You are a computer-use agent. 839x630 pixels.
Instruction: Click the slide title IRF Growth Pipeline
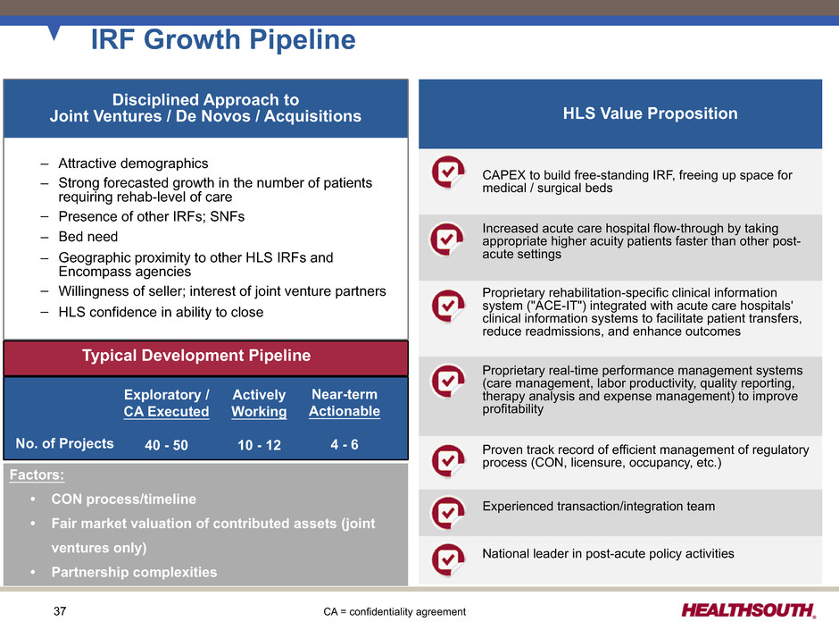(x=223, y=39)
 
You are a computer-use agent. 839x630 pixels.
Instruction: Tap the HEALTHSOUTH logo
(x=749, y=610)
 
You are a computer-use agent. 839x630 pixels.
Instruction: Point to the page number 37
(x=60, y=610)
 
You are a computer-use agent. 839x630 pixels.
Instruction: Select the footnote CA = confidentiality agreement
(x=395, y=612)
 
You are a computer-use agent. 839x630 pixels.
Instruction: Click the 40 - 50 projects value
(x=166, y=445)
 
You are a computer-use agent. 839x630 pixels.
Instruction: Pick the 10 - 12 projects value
(x=259, y=445)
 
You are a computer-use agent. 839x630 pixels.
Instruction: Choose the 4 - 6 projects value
(x=345, y=444)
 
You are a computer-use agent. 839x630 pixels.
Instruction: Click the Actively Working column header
(x=259, y=403)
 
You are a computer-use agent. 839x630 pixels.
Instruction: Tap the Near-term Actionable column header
(x=345, y=403)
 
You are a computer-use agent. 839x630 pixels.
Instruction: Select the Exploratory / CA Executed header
(x=166, y=403)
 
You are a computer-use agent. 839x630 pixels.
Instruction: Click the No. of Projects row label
(x=65, y=443)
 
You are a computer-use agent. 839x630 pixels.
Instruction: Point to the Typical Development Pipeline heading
(x=196, y=356)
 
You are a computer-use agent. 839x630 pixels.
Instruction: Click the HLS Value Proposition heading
(x=650, y=113)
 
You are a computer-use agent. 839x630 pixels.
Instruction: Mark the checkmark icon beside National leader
(x=448, y=559)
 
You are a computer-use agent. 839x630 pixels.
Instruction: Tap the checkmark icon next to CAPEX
(x=448, y=172)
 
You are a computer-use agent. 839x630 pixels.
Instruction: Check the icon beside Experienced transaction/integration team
(x=448, y=513)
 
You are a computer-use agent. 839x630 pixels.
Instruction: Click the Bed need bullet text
(x=88, y=237)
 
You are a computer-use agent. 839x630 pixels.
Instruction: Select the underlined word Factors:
(x=37, y=475)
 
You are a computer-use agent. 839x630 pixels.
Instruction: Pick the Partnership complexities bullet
(x=134, y=572)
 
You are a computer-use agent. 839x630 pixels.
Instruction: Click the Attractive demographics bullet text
(x=133, y=164)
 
